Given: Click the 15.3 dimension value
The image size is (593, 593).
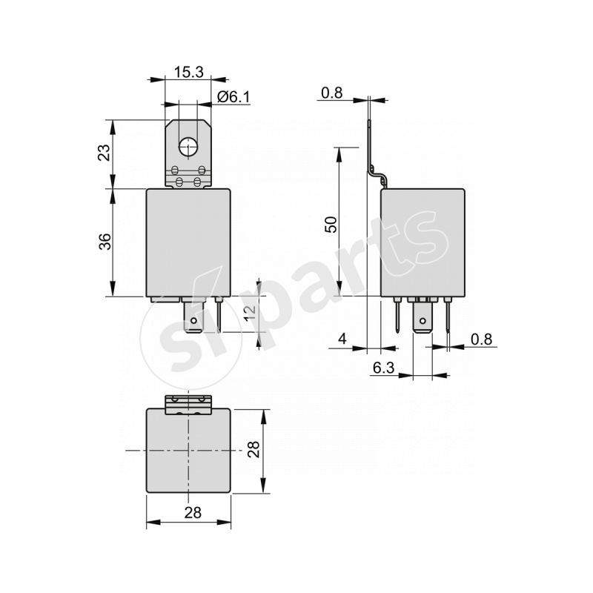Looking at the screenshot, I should coord(188,72).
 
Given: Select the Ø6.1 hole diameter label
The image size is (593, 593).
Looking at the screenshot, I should coord(233,96).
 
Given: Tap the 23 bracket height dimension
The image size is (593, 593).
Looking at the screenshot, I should coord(105,152).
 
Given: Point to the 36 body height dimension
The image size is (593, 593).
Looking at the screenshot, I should coord(105,242).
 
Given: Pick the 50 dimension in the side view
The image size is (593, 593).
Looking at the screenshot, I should coord(331,223).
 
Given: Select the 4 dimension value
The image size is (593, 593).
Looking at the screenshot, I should coord(342,339).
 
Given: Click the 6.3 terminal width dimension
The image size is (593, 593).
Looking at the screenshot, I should coord(382,368).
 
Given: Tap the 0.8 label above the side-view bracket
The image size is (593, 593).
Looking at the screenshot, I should coord(332,93).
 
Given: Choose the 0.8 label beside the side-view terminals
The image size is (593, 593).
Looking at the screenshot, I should coord(481,339).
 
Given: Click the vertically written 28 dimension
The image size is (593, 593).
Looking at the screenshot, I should coord(254,450).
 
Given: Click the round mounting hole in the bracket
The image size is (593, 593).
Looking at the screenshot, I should coord(188,147).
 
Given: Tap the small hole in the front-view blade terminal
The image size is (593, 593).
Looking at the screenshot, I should coord(194,322).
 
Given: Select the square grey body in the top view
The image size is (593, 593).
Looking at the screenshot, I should coord(190,451).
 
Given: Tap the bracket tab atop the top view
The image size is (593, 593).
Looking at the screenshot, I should coord(188,404).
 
